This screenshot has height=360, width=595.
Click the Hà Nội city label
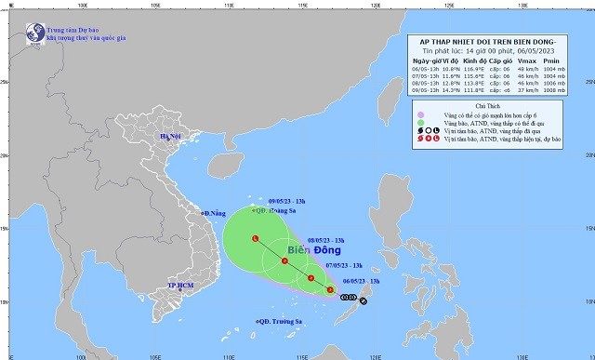coord(172,137)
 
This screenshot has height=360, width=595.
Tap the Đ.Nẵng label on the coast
coord(218,214)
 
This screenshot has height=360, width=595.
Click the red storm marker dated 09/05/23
coord(256,239)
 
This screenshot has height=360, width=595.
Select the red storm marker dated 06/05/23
coord(331,291)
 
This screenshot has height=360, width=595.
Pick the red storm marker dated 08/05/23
coord(285,261)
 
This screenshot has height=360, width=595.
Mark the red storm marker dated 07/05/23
coord(311,278)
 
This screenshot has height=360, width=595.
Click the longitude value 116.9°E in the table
coord(469,69)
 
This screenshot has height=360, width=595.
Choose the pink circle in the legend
coord(421,112)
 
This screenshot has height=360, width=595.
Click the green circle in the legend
coord(421,122)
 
